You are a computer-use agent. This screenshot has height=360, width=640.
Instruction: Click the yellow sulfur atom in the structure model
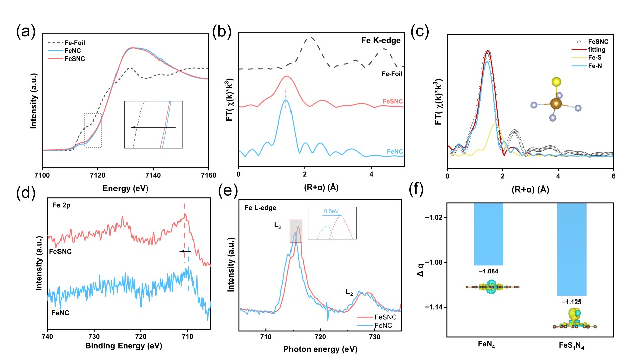(x=556, y=82)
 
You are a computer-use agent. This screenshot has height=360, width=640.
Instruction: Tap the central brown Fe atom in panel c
(x=556, y=104)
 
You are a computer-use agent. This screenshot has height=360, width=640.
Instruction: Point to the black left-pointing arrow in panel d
(x=185, y=250)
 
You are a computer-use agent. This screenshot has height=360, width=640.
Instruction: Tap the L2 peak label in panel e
(x=349, y=291)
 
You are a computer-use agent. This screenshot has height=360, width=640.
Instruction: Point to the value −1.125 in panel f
(x=571, y=303)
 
